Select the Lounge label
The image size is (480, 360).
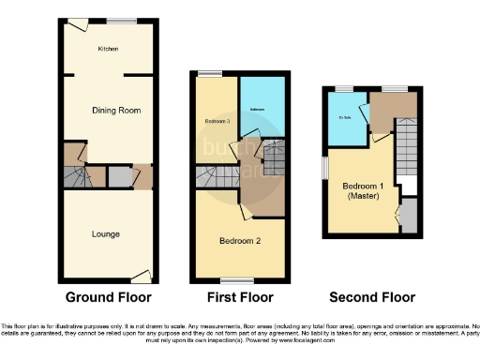105,233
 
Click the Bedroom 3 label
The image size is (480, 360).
217,122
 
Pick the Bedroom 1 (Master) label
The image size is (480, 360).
362,190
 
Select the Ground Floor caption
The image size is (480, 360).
107,297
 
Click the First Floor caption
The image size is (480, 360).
240,297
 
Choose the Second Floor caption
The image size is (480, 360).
372,297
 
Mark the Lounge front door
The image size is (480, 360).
142,275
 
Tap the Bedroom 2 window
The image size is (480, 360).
231,279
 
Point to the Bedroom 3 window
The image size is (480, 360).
209,74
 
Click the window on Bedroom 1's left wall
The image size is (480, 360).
325,165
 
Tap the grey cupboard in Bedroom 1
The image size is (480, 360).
409,217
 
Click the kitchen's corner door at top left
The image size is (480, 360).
72,24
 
